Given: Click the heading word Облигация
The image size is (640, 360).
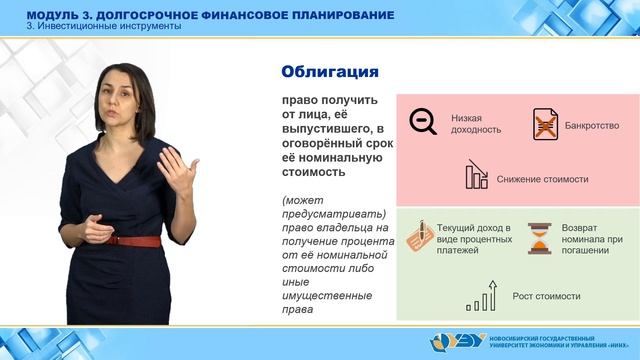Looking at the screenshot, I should tap(329, 71).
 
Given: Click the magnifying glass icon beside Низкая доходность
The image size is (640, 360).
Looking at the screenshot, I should tap(423, 122).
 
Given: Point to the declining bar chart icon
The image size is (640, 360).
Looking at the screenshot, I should tap(476, 177).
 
